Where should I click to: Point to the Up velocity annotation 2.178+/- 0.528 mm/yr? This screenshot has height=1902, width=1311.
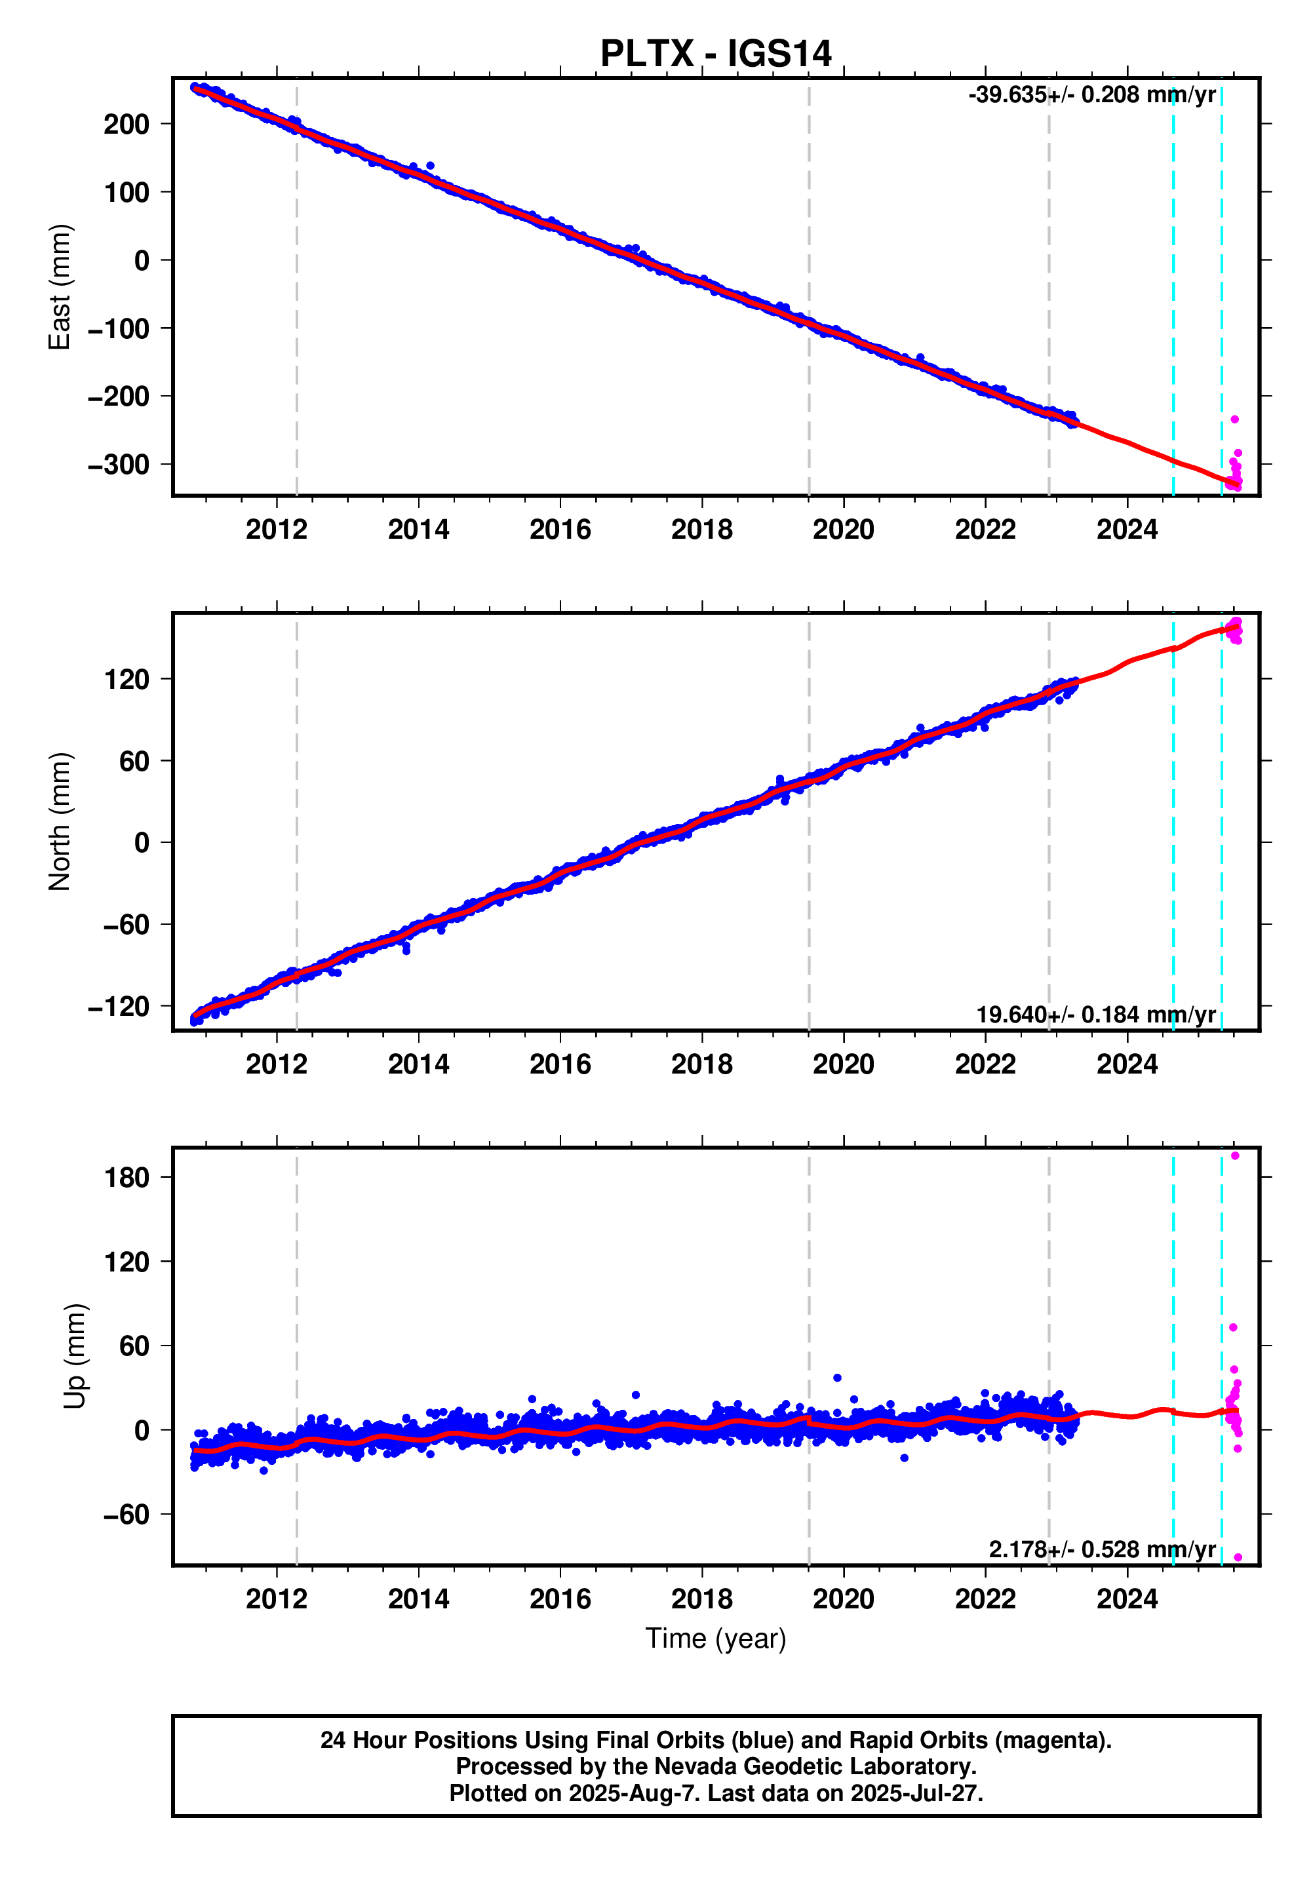click(1101, 1549)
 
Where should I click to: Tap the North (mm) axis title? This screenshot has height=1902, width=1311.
click(60, 821)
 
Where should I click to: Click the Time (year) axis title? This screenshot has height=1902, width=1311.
click(715, 1639)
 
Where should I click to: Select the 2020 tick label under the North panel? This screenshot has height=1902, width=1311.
click(843, 1064)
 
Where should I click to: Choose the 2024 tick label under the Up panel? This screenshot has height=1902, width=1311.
click(1126, 1599)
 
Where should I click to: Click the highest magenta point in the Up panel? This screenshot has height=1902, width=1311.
click(1234, 1156)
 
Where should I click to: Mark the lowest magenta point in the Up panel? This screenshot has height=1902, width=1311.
click(1238, 1558)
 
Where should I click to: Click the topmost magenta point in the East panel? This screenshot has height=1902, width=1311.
click(1234, 419)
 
